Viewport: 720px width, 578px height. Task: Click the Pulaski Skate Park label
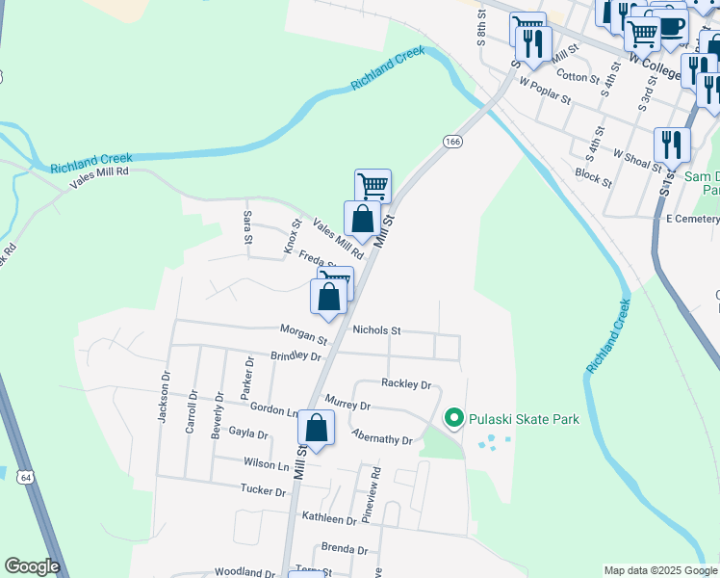point(524,419)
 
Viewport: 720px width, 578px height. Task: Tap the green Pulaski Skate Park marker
point(453,418)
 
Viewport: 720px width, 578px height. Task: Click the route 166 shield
point(452,142)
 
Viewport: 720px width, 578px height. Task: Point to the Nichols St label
point(376,330)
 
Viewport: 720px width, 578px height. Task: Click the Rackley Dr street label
point(406,383)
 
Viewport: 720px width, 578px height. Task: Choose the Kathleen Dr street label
point(329,519)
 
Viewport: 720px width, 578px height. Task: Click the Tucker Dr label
point(264,491)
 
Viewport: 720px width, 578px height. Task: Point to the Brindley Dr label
point(296,355)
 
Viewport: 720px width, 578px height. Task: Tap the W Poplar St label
point(545,91)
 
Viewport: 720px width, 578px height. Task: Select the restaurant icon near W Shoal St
point(672,144)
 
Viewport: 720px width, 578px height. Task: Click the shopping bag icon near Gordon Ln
point(316,427)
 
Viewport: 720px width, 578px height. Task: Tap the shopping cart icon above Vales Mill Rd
point(373,185)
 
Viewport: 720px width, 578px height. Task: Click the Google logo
point(32,566)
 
